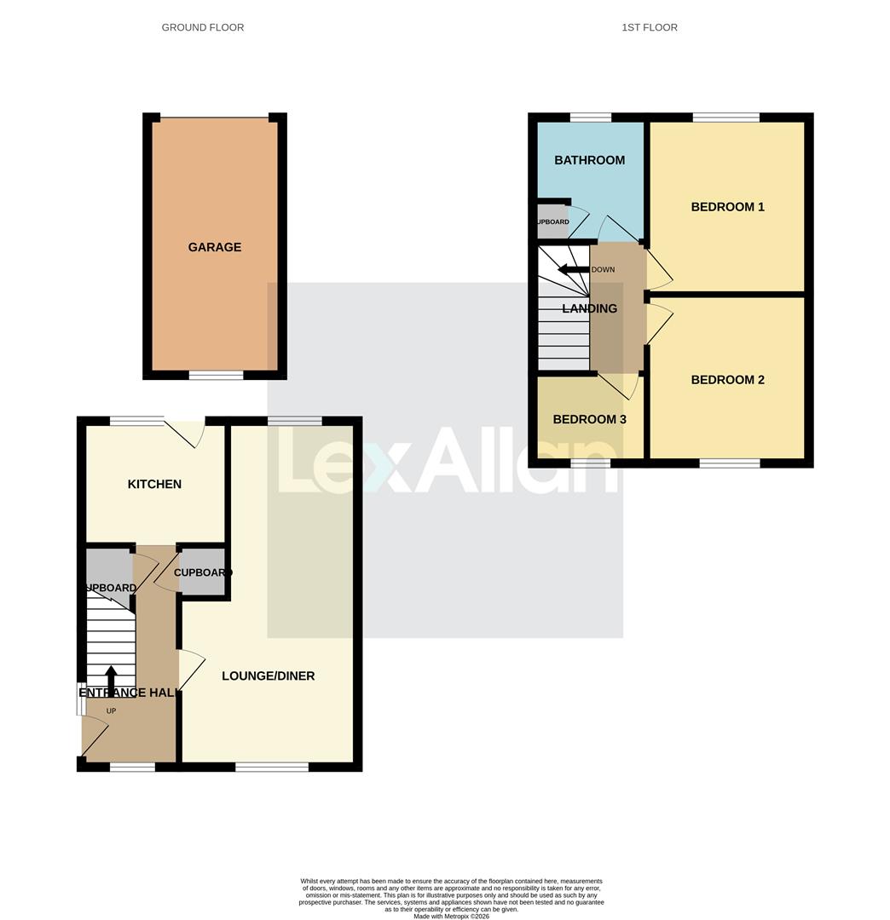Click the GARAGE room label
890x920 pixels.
(x=215, y=247)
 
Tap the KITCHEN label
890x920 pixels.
(x=154, y=484)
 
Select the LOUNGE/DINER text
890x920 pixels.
(x=268, y=676)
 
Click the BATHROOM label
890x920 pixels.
(x=589, y=160)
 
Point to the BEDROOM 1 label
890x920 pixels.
(x=727, y=207)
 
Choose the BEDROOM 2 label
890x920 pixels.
(x=727, y=380)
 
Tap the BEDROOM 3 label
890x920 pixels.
(x=589, y=419)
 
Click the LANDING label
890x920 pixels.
(x=589, y=308)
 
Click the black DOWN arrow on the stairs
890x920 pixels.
(x=574, y=269)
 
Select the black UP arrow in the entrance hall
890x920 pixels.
(x=111, y=680)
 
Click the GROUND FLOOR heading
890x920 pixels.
(x=203, y=27)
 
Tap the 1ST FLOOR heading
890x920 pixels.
(x=650, y=27)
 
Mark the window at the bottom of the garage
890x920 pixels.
(x=216, y=375)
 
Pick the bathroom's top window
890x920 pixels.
(x=590, y=118)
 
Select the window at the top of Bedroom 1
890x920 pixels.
(x=725, y=118)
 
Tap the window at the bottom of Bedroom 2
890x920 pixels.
(x=729, y=463)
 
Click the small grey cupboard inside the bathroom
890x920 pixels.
(x=552, y=221)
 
